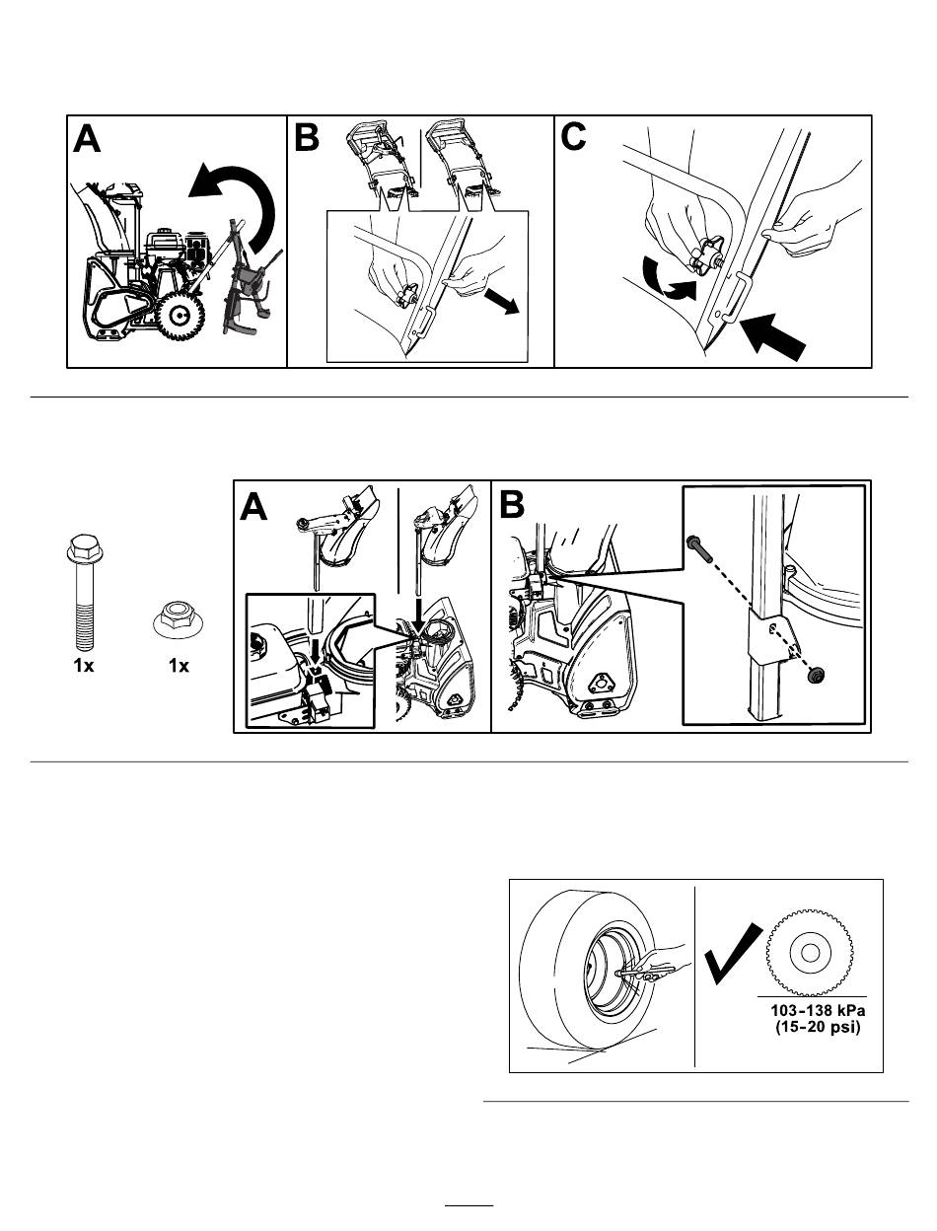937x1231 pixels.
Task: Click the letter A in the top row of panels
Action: (x=88, y=140)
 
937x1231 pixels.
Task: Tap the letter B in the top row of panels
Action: (x=307, y=139)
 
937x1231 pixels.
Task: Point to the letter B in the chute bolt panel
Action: (x=513, y=506)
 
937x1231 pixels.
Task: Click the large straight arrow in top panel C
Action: (x=777, y=330)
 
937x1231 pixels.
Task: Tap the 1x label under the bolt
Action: (x=83, y=666)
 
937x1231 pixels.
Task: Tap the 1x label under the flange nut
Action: (x=179, y=666)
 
